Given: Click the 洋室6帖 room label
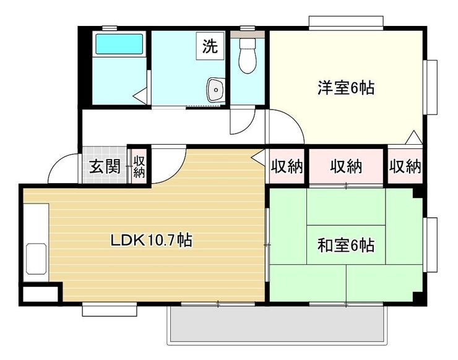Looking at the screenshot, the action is point(346,88).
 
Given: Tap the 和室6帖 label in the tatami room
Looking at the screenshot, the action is point(346,245).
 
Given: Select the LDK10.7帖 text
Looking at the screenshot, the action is point(151,241).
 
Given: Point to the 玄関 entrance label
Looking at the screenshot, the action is point(105,167).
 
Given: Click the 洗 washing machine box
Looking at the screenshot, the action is point(210,46).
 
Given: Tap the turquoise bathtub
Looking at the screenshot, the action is point(119,44).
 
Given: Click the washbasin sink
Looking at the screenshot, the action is point(215,90).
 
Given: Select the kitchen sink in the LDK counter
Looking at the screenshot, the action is point(37,259).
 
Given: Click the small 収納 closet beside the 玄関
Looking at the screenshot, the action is point(139,167).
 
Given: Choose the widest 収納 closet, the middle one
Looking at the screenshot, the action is point(346,167).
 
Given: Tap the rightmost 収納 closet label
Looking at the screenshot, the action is point(405,167).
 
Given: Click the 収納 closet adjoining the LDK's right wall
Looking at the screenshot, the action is point(287,167).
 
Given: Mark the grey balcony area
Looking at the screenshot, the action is point(277,324).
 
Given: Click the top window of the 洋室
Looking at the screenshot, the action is point(346,23).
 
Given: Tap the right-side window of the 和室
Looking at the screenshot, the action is point(431,245).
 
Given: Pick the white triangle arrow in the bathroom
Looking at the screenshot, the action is point(140,95).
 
